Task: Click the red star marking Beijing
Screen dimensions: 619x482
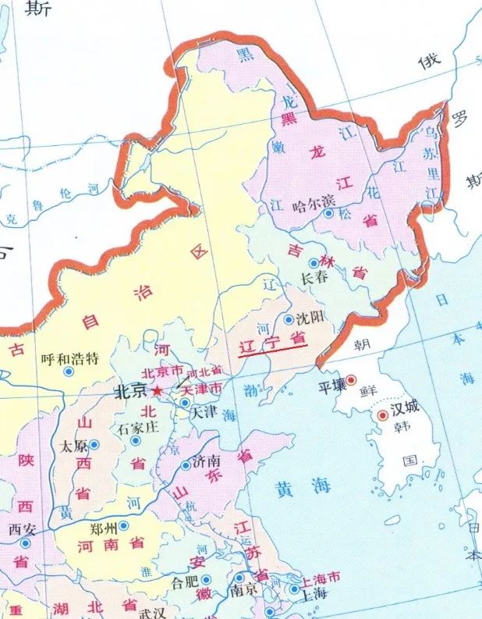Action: tap(157, 390)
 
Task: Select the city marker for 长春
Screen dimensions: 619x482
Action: tap(314, 263)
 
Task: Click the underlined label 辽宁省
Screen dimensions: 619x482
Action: tap(272, 341)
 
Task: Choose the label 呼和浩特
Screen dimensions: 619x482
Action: tap(70, 358)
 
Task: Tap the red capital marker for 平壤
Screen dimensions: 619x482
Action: tap(351, 380)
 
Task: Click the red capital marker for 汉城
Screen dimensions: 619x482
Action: tap(382, 416)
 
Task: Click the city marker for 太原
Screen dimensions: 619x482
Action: tap(94, 444)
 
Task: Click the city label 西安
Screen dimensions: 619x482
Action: tap(23, 528)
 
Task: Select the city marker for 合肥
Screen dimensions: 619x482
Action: tap(207, 579)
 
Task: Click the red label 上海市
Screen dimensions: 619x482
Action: tap(321, 578)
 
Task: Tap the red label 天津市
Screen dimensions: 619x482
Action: tap(201, 387)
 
